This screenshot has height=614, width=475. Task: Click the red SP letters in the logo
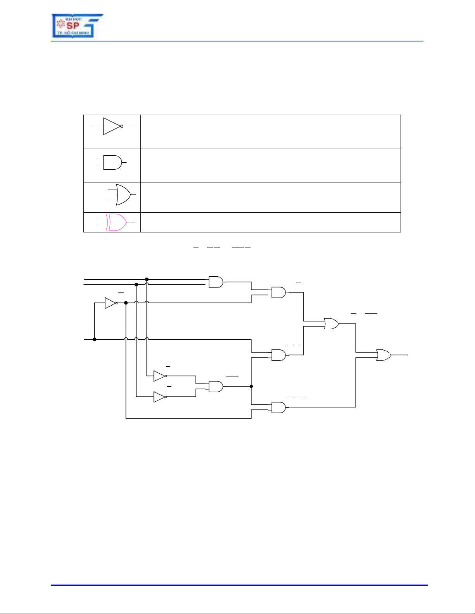73,26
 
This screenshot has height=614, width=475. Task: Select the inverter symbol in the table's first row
112,126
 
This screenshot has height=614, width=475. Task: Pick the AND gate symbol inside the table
113,162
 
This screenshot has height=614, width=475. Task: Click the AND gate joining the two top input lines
216,282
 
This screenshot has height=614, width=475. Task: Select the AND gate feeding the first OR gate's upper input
278,292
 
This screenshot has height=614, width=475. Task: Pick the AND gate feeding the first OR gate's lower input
278,355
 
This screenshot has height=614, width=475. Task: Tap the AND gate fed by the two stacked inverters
216,386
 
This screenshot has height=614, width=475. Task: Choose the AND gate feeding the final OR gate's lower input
278,407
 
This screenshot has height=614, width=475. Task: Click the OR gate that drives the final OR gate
331,323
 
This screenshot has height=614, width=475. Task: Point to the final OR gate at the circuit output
383,355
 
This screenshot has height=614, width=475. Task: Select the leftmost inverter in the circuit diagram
111,303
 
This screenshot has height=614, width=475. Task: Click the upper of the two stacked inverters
160,376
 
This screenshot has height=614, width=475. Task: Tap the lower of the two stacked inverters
160,397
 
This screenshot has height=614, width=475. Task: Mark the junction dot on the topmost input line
147,279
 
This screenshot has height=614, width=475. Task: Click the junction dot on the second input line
136,284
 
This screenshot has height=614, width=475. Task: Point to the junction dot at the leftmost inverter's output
126,303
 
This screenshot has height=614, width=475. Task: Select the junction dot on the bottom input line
95,339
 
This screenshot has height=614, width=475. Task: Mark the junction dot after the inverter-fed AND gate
251,386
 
